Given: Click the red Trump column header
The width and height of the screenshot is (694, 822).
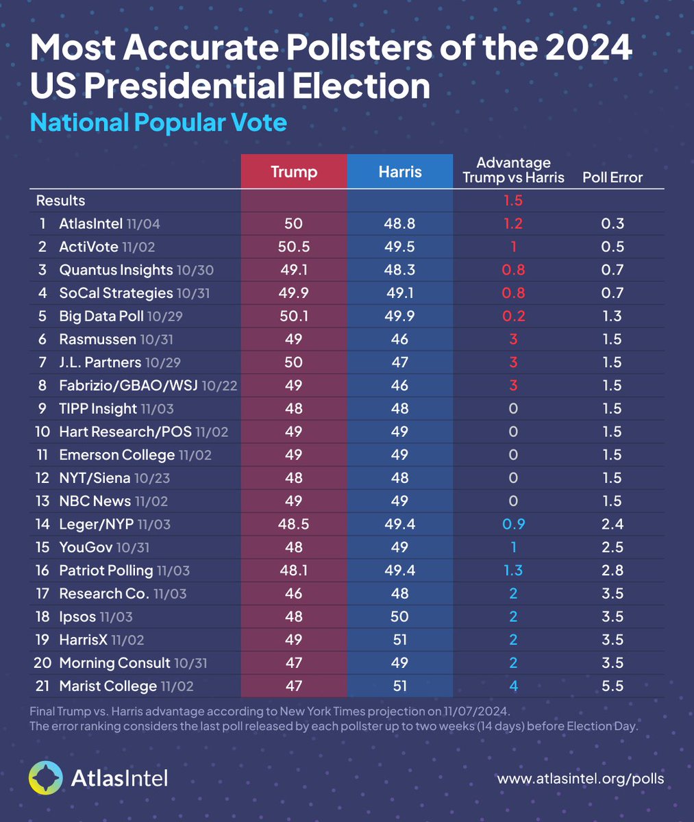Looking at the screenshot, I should [x=294, y=171].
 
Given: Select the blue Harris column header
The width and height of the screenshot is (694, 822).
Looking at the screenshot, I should [x=400, y=171].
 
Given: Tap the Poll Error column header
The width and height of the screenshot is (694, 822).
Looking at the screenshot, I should [x=612, y=177].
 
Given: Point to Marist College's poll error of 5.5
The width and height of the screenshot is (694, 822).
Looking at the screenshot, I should [x=610, y=686].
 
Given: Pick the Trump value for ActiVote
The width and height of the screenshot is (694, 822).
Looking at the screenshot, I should [x=293, y=247].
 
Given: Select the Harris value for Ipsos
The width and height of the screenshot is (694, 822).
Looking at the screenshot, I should [x=399, y=616].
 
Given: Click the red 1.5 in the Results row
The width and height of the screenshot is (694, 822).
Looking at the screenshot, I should [x=513, y=201].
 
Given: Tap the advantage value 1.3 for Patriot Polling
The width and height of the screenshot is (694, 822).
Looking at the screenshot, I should [x=513, y=570].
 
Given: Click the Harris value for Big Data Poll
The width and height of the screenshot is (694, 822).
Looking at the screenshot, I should [x=399, y=316].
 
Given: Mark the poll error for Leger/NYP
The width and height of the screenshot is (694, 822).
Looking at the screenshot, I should [x=610, y=524].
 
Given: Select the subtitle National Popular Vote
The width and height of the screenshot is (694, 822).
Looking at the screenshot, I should [x=158, y=123].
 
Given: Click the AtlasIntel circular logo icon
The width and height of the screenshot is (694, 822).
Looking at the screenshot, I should [x=47, y=777].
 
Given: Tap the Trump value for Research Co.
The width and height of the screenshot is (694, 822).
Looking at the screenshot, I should [x=293, y=593].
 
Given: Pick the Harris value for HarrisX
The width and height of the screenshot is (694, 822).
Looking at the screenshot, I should [x=399, y=640].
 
